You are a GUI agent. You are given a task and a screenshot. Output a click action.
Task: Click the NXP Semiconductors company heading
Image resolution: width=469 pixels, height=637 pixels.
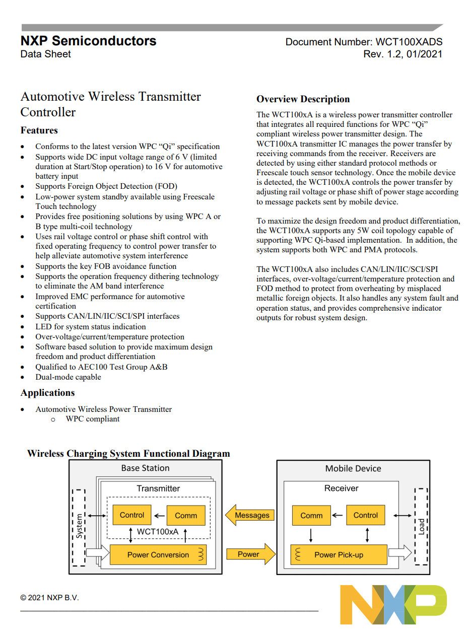click(88, 41)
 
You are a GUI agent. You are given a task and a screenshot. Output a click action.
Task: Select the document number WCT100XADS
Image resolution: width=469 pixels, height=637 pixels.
click(409, 42)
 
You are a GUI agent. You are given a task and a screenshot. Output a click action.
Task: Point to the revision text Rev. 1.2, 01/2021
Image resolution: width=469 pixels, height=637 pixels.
click(403, 54)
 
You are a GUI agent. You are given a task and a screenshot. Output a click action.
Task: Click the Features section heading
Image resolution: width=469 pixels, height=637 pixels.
click(39, 130)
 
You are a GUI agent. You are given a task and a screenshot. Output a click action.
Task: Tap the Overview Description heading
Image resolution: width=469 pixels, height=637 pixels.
click(303, 99)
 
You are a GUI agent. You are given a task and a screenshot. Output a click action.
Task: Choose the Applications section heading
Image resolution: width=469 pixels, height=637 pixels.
click(47, 393)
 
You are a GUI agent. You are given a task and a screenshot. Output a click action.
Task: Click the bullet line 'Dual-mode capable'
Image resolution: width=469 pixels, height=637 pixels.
click(68, 377)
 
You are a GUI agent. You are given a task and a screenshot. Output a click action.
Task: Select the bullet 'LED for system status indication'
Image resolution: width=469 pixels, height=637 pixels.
click(90, 326)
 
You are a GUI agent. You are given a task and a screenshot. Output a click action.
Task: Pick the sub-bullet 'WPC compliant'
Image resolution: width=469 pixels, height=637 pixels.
click(93, 419)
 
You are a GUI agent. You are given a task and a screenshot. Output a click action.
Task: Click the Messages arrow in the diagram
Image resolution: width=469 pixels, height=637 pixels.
click(250, 515)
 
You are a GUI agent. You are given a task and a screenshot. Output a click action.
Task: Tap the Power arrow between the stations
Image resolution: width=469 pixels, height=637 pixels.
click(250, 554)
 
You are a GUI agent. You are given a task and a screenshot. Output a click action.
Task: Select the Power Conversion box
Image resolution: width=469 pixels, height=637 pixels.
click(159, 555)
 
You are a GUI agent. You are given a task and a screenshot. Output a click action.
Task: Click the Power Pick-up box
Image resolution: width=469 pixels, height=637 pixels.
click(339, 555)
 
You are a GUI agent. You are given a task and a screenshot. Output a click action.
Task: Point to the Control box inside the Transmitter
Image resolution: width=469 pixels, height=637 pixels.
click(132, 515)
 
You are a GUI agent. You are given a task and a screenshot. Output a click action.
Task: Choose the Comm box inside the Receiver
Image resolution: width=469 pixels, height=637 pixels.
click(311, 515)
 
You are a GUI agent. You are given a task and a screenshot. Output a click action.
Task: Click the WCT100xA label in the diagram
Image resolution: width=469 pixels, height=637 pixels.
click(158, 532)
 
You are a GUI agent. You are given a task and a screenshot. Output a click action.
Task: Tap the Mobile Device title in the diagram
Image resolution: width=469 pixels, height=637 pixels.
click(353, 468)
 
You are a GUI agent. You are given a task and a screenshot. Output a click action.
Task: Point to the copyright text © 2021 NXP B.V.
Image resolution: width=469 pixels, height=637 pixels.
click(49, 598)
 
